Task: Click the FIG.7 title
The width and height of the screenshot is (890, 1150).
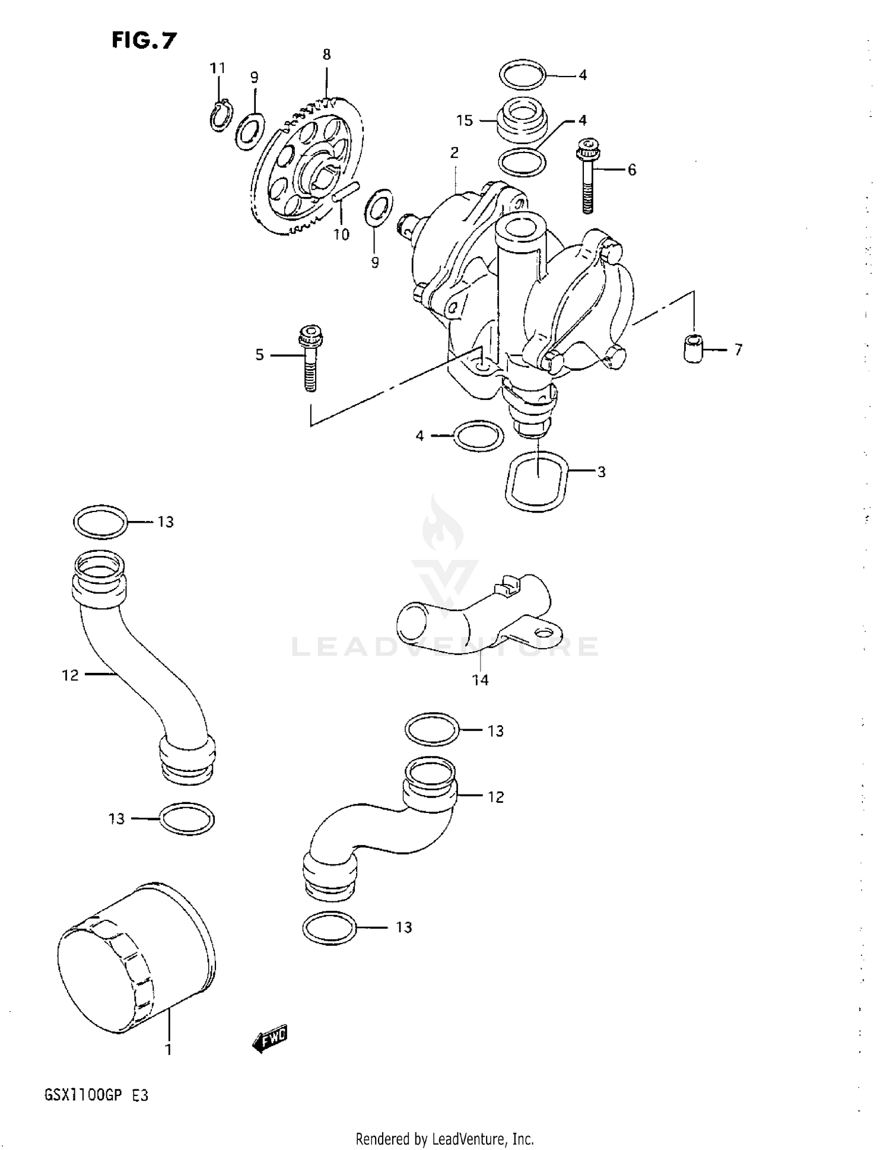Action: (144, 40)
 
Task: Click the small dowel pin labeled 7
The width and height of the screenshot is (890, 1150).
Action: (692, 348)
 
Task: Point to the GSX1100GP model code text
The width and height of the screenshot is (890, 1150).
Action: (83, 1095)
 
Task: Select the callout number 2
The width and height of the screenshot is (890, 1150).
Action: (454, 153)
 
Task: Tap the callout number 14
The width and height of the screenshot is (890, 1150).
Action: (480, 680)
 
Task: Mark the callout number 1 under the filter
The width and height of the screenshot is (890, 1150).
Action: (168, 1050)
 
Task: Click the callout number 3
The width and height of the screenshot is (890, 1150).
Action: (601, 472)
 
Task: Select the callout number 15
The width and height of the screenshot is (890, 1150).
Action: (465, 120)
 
